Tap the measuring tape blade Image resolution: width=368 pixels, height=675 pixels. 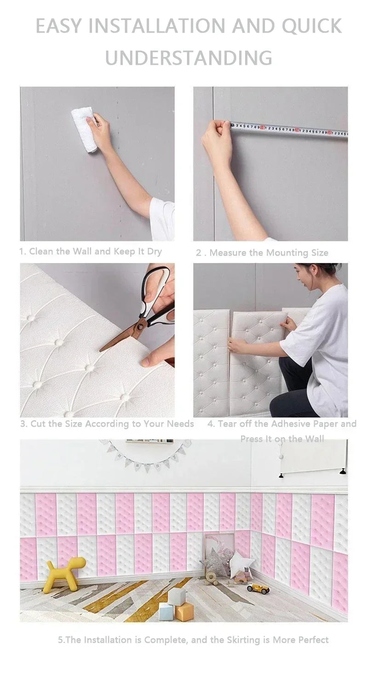290,130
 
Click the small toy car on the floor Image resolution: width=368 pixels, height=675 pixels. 258,588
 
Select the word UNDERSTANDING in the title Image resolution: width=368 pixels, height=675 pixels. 189,58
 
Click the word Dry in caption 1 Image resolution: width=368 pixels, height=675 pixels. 154,252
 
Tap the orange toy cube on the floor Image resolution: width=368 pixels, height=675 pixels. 184,612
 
